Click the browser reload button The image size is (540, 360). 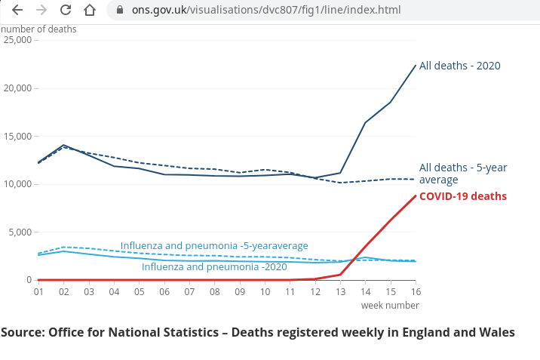click(x=66, y=11)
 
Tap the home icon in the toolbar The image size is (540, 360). click(x=90, y=11)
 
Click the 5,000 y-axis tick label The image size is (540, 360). click(x=18, y=232)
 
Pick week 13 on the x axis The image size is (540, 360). click(x=341, y=291)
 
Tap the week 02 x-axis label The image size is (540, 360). click(x=63, y=291)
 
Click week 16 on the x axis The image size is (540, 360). click(x=415, y=291)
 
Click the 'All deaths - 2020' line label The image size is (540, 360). click(x=459, y=66)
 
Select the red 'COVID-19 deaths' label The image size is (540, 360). click(x=462, y=196)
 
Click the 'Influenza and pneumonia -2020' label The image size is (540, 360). click(x=214, y=267)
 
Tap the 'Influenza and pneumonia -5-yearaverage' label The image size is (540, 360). click(x=214, y=246)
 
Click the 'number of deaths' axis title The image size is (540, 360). click(x=38, y=29)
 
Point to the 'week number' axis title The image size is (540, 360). click(x=389, y=305)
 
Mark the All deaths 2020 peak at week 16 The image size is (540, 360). click(x=416, y=65)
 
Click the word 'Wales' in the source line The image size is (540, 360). click(x=497, y=332)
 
